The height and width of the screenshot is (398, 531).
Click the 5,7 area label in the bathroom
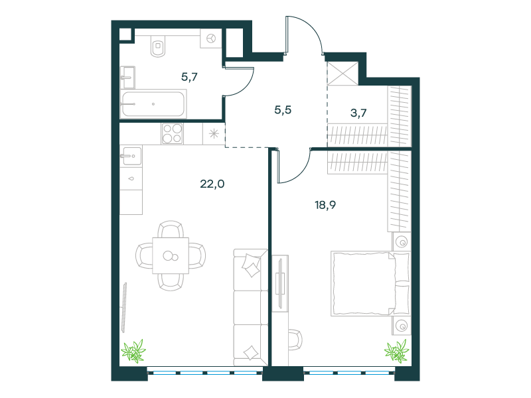point(189,77)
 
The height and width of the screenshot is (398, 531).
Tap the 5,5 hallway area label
point(283,110)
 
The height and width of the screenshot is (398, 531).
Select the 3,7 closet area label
point(358,113)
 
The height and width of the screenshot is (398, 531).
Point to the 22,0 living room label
point(212,184)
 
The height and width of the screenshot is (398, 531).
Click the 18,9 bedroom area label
point(325,205)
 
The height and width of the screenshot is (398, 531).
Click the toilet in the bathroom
point(158,46)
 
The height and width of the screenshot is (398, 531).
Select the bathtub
point(154,104)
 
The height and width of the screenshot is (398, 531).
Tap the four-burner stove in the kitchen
point(173,134)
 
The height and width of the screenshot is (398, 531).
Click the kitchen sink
point(131,156)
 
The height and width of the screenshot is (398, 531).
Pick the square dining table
point(171,255)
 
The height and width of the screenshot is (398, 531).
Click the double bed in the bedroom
point(370,284)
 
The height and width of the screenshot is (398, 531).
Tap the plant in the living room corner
point(134,352)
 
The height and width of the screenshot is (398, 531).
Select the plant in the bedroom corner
point(396,351)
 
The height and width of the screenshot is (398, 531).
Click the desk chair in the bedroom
point(295,340)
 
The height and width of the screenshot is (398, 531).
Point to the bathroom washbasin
point(127,78)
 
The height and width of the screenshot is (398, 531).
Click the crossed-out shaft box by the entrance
point(342,73)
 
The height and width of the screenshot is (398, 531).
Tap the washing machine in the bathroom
point(211,38)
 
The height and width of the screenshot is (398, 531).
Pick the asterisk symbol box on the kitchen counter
point(214,134)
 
